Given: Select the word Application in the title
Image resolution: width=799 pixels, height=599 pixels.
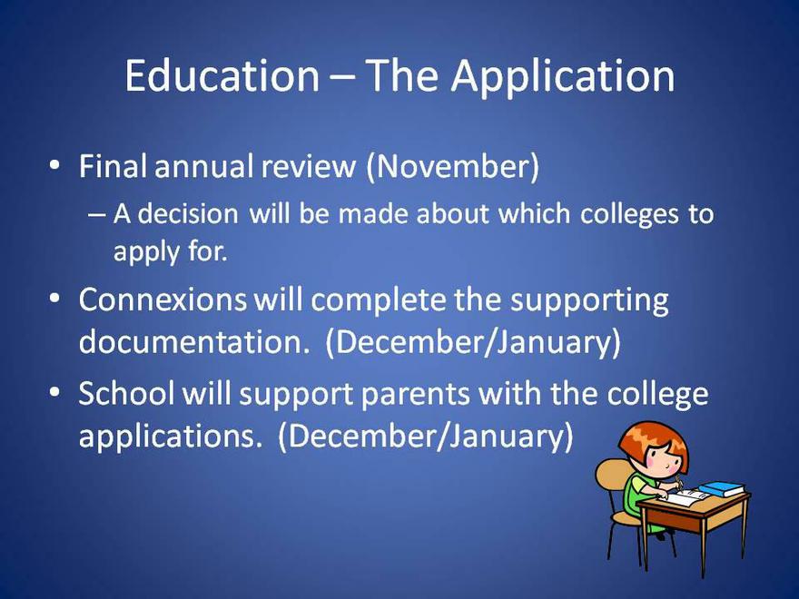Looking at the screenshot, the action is tap(563, 77).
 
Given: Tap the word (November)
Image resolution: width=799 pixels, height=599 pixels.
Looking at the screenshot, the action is tap(452, 167).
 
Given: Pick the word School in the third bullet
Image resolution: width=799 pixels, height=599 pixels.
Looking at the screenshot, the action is tap(126, 393).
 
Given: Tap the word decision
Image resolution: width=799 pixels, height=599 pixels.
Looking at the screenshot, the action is tap(188, 213).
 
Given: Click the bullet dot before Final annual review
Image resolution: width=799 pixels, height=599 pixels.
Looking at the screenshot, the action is tap(54, 166).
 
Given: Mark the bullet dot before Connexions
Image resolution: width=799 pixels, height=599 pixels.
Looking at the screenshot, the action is tap(54, 299).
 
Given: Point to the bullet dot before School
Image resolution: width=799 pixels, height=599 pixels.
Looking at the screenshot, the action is tap(54, 393).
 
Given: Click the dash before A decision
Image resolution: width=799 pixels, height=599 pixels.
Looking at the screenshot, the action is tap(96, 215).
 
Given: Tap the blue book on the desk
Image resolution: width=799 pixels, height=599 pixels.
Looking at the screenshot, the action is tap(722, 489).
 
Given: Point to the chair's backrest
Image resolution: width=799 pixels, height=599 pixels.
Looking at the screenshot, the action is tap(609, 484).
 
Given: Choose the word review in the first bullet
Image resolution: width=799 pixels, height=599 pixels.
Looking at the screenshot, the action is tap(309, 167).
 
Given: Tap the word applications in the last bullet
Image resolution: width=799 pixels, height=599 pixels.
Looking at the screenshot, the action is tap(167, 437).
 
